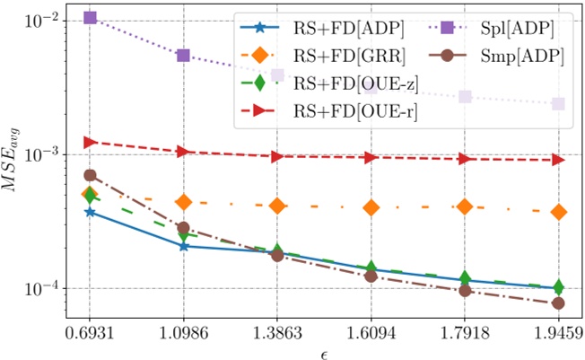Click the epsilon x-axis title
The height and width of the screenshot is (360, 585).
[x=324, y=349]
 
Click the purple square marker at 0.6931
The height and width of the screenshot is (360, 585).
[x=90, y=17]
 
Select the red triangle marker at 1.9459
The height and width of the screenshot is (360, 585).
[x=558, y=160]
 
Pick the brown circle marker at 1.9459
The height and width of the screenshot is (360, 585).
[x=558, y=303]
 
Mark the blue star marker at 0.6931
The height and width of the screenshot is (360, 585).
[x=90, y=212]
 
